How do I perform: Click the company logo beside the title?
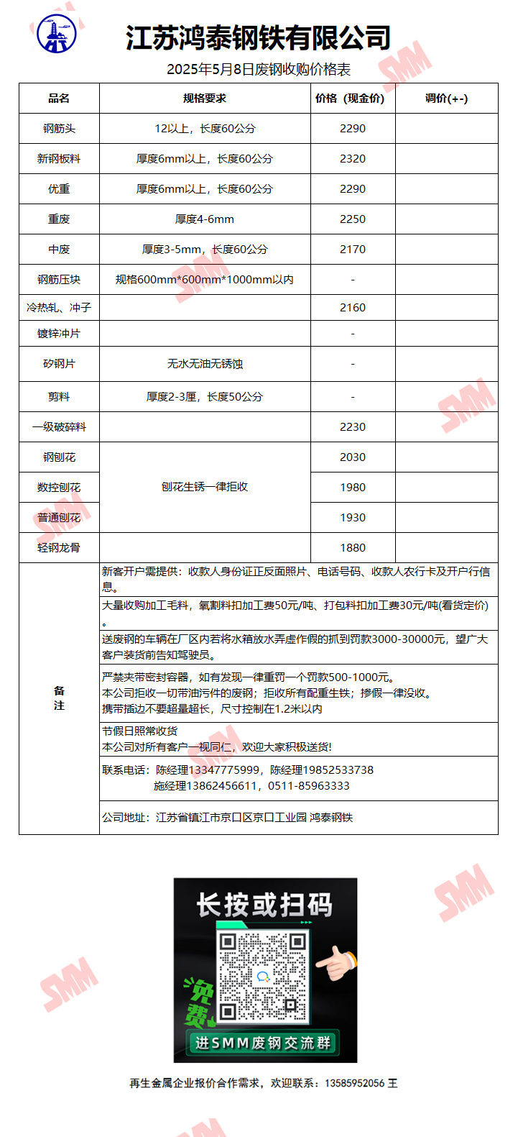point(57,34)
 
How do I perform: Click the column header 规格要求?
point(205,99)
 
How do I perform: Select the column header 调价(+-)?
point(446,99)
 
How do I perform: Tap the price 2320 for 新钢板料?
point(353,159)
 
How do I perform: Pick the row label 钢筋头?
point(59,129)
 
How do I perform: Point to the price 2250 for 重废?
point(353,219)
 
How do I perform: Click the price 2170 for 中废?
point(353,250)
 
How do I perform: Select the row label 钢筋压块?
point(59,280)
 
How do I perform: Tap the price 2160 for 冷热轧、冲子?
point(353,308)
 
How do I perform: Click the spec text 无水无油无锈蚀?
point(205,364)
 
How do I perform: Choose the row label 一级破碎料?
point(59,427)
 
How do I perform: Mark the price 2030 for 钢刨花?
point(353,457)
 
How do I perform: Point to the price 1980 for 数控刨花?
point(353,488)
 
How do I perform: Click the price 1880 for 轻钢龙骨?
point(353,548)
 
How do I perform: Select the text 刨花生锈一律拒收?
point(205,487)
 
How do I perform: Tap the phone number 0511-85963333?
point(309,786)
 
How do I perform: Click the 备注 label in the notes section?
point(59,698)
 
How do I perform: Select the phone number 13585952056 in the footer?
point(355,1083)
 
